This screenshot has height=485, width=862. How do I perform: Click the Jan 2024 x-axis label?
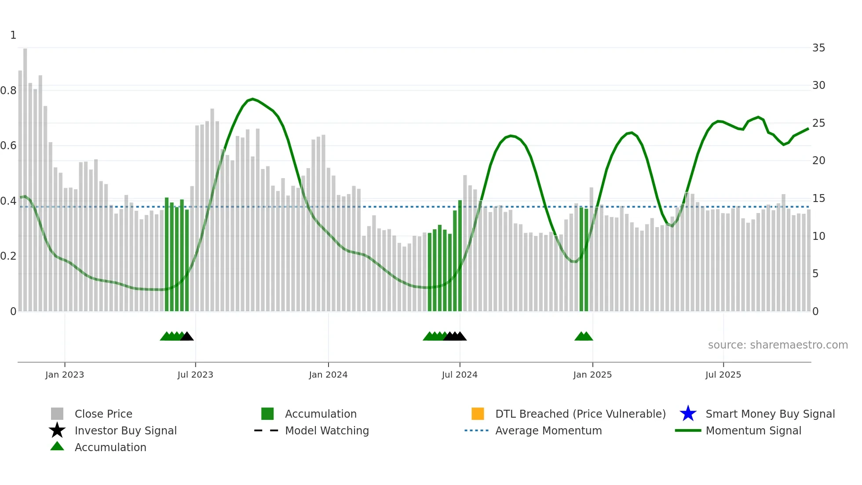[x=328, y=375]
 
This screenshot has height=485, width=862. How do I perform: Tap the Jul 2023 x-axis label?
[x=195, y=375]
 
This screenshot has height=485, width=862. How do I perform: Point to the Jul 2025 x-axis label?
[x=723, y=375]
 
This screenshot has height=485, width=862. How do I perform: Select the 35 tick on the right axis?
[x=818, y=48]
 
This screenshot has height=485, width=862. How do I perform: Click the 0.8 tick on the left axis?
[x=8, y=91]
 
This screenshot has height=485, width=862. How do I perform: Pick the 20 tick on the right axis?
[x=818, y=161]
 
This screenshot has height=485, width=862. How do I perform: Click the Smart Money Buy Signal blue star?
[x=688, y=414]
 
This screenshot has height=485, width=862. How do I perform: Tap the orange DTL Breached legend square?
[x=478, y=414]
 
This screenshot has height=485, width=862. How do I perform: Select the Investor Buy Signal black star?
[x=57, y=430]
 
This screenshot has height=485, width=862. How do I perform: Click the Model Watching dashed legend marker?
[x=267, y=430]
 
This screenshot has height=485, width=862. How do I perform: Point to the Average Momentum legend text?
[x=548, y=430]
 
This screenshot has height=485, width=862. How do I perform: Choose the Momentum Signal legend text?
[x=753, y=430]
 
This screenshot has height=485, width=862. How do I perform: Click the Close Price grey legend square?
[x=57, y=414]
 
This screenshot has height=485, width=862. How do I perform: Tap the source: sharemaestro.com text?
[x=778, y=345]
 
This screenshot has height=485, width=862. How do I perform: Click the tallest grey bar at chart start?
[x=25, y=176]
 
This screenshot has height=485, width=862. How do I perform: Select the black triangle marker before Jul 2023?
[x=187, y=336]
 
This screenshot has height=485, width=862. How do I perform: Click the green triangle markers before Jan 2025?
[x=584, y=336]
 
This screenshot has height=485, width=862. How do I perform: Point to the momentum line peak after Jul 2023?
[x=252, y=99]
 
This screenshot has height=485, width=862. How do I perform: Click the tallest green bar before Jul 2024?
[x=460, y=255]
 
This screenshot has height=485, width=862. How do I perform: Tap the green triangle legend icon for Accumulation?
[x=57, y=446]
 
